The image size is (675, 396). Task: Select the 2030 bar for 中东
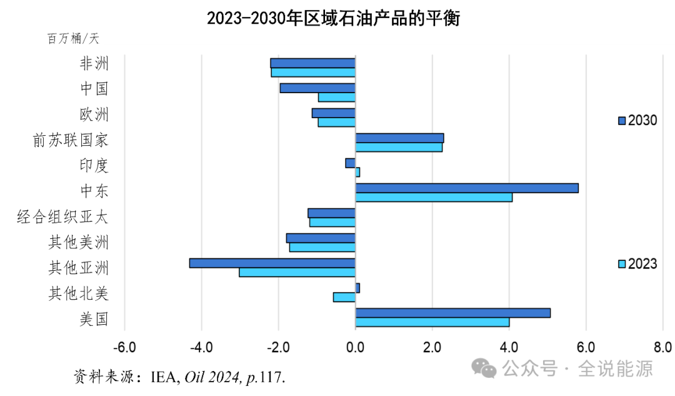click(467, 188)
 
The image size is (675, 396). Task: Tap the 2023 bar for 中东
click(434, 198)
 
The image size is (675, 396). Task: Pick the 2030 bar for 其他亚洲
click(272, 263)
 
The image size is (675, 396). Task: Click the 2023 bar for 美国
click(432, 322)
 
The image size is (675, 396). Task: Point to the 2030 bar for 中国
click(317, 88)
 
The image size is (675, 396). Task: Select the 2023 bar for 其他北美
click(344, 297)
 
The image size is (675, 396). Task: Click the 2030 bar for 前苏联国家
click(399, 138)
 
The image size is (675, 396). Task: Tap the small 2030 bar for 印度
click(350, 163)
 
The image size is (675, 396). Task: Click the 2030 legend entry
click(637, 121)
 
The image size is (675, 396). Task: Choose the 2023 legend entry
click(637, 264)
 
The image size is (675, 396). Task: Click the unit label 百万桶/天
click(73, 39)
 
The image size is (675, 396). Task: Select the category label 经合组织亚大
click(62, 218)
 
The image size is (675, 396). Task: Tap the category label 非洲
click(94, 64)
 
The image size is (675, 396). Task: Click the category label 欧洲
click(94, 115)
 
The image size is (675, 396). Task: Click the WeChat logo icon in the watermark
click(484, 368)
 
